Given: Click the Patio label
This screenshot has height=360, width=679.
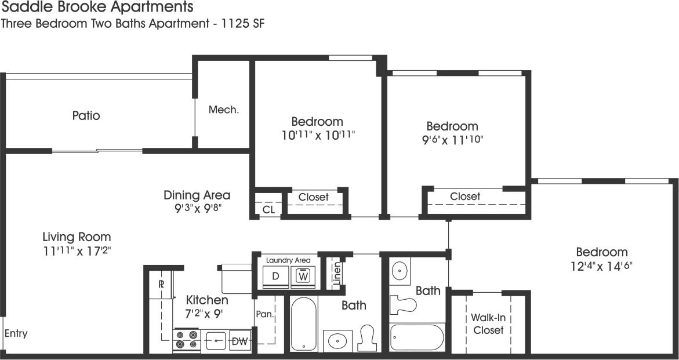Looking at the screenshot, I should point(86,115).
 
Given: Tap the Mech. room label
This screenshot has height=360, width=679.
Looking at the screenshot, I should point(224,110).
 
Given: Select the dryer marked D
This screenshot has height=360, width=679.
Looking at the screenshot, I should point(276,277).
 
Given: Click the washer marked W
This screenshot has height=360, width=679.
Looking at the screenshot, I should point(302,277).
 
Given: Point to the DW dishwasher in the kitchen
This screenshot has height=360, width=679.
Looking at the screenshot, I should point(240,341).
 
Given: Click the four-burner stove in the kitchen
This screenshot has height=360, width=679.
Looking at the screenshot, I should point(187,340).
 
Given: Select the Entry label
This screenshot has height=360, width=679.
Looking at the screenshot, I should point(16,334).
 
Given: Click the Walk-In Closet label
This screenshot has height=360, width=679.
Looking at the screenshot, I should point(488,323).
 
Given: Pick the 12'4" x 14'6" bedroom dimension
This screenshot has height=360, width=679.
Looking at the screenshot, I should point(601,266).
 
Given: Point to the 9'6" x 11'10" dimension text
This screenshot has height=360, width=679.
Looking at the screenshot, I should point(452,140).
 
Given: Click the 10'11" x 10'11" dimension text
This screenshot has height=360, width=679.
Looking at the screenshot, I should point(317,135).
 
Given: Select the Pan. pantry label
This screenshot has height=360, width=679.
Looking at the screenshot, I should point(264,315).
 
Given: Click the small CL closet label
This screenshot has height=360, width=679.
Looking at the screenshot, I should point(268,209).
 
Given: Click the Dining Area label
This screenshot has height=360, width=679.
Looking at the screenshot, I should point(197,195).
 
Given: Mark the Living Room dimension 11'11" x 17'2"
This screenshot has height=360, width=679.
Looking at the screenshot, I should point(77,251).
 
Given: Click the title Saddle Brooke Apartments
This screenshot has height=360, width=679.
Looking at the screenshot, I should point(97,8).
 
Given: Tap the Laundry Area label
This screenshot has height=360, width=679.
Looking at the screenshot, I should point(288,260).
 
